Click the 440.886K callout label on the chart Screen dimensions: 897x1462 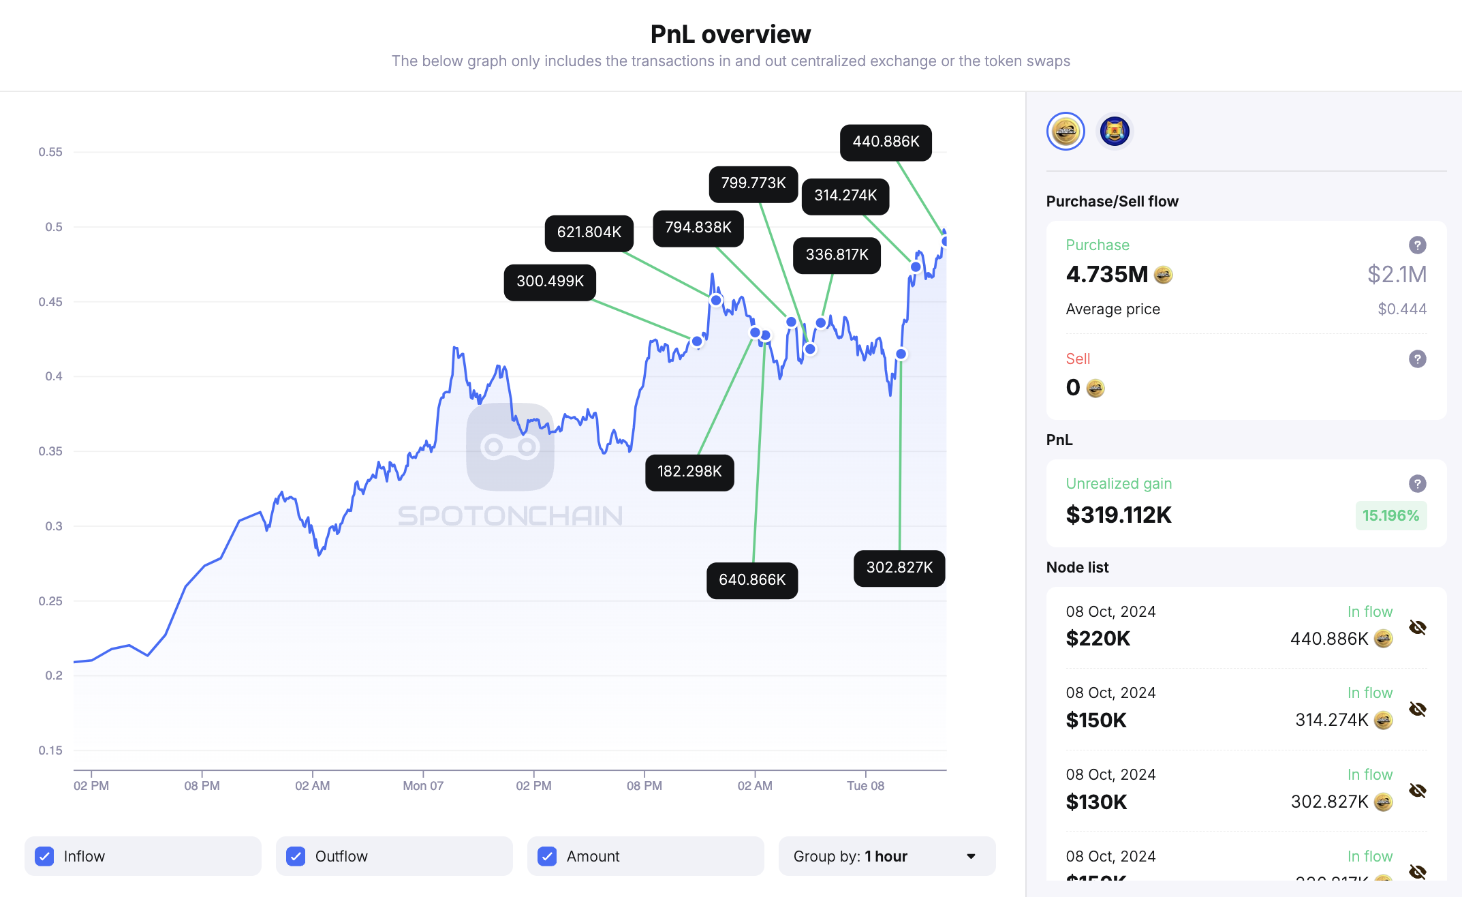(x=886, y=142)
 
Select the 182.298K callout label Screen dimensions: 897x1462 (x=689, y=472)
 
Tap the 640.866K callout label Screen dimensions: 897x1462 (x=752, y=580)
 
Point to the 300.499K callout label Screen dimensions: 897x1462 (x=550, y=282)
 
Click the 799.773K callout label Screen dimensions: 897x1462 (x=753, y=183)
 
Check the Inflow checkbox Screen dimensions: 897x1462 (x=45, y=856)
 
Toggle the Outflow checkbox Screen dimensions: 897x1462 (x=296, y=856)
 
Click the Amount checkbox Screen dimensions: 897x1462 (x=547, y=856)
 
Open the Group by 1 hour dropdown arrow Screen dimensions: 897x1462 (x=971, y=856)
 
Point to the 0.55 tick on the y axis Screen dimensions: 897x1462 (x=50, y=152)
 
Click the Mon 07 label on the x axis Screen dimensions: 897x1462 (x=423, y=786)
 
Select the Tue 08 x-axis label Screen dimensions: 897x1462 (x=865, y=786)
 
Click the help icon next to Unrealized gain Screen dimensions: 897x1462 (x=1417, y=483)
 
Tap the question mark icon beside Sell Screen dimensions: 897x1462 (x=1417, y=359)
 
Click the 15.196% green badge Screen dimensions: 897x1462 (x=1390, y=515)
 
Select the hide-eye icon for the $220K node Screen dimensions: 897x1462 (x=1417, y=627)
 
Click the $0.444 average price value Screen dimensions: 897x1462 (x=1401, y=309)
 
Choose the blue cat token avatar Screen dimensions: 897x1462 (x=1115, y=131)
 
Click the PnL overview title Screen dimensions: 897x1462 (x=730, y=34)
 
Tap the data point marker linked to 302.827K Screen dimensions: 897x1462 (x=901, y=354)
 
